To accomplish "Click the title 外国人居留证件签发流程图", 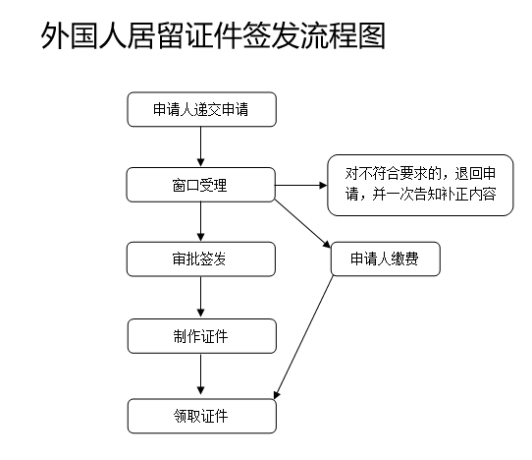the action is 213,35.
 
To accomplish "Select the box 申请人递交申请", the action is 202,109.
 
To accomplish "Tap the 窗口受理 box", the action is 200,185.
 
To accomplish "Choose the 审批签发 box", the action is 201,259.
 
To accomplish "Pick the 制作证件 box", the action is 202,336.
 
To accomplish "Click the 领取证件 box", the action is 202,416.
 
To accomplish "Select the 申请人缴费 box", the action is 386,259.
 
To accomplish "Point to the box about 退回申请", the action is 420,185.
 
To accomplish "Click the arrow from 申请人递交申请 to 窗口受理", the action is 200,146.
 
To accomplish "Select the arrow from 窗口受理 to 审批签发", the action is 200,222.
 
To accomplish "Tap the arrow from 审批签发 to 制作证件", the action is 200,297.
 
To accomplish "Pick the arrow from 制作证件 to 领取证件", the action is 200,374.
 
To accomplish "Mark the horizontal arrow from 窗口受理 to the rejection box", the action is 301,185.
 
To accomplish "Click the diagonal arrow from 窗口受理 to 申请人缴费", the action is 302,223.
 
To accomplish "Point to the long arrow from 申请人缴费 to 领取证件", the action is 303,337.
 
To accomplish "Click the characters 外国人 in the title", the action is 83,35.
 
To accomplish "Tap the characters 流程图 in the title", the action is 343,35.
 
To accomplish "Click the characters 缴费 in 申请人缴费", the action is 404,259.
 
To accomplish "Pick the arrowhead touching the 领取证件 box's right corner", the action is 276,395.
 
